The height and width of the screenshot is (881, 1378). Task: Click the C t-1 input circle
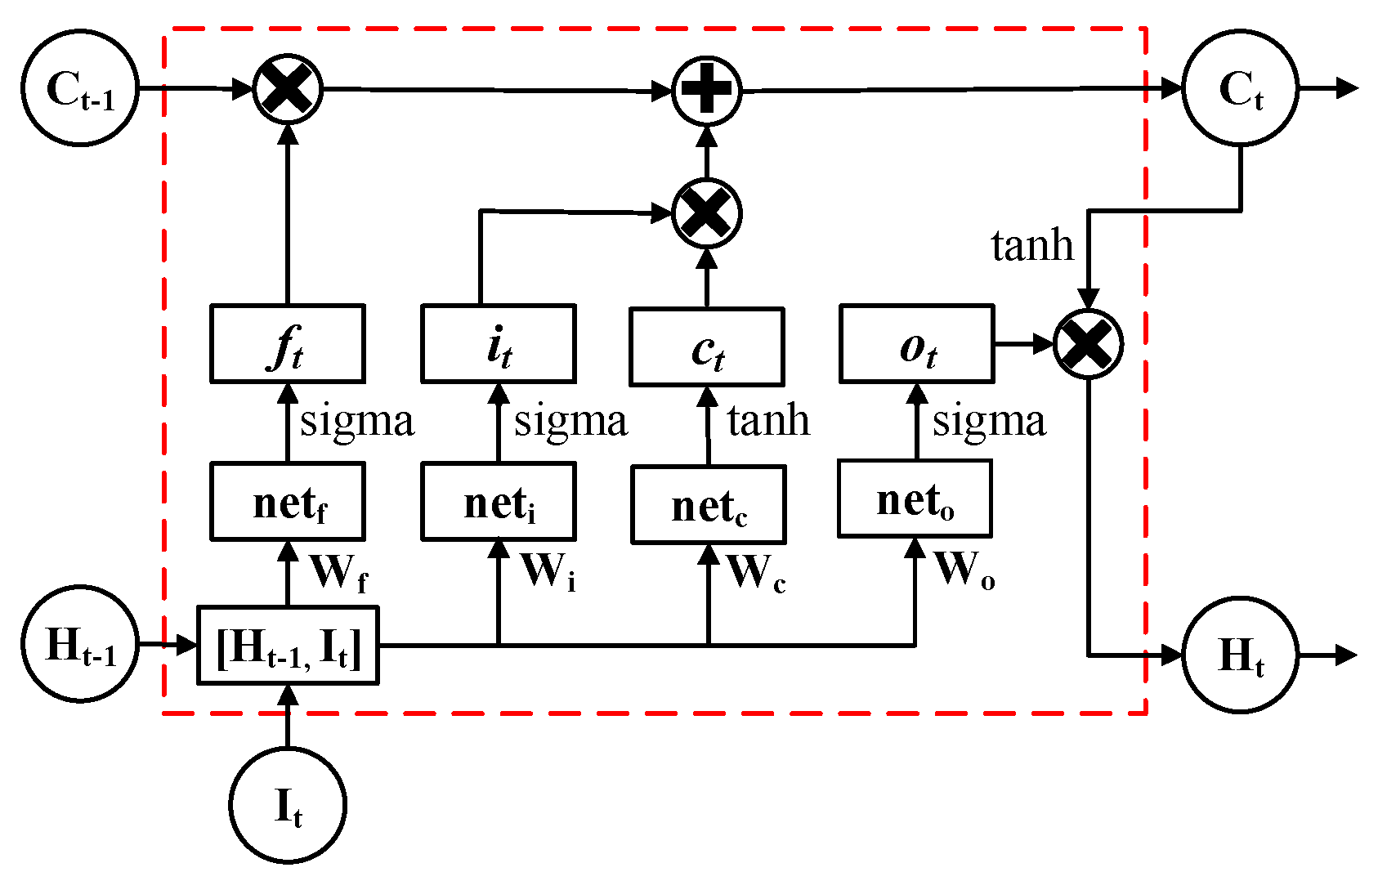[79, 88]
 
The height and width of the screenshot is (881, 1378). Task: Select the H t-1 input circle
[79, 644]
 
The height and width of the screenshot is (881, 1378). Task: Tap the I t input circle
[287, 805]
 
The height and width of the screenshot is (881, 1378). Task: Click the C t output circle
[1240, 88]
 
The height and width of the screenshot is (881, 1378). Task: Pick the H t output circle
[1240, 655]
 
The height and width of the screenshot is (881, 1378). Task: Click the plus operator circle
[706, 90]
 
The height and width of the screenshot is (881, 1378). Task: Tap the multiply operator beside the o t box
[1088, 344]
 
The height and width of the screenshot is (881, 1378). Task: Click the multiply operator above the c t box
[706, 213]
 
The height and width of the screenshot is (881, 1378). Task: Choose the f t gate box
[287, 344]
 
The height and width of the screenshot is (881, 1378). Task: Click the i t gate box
[499, 344]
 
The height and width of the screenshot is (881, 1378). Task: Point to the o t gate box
[916, 344]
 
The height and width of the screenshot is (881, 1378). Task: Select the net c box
[708, 505]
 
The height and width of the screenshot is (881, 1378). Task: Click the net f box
[287, 502]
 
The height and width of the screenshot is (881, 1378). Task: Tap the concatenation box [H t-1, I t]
[288, 646]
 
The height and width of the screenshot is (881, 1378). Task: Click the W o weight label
[964, 570]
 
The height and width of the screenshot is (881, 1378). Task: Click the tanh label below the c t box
[768, 421]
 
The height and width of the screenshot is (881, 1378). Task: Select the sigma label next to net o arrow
[989, 422]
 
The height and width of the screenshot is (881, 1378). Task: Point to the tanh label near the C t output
[1031, 245]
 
